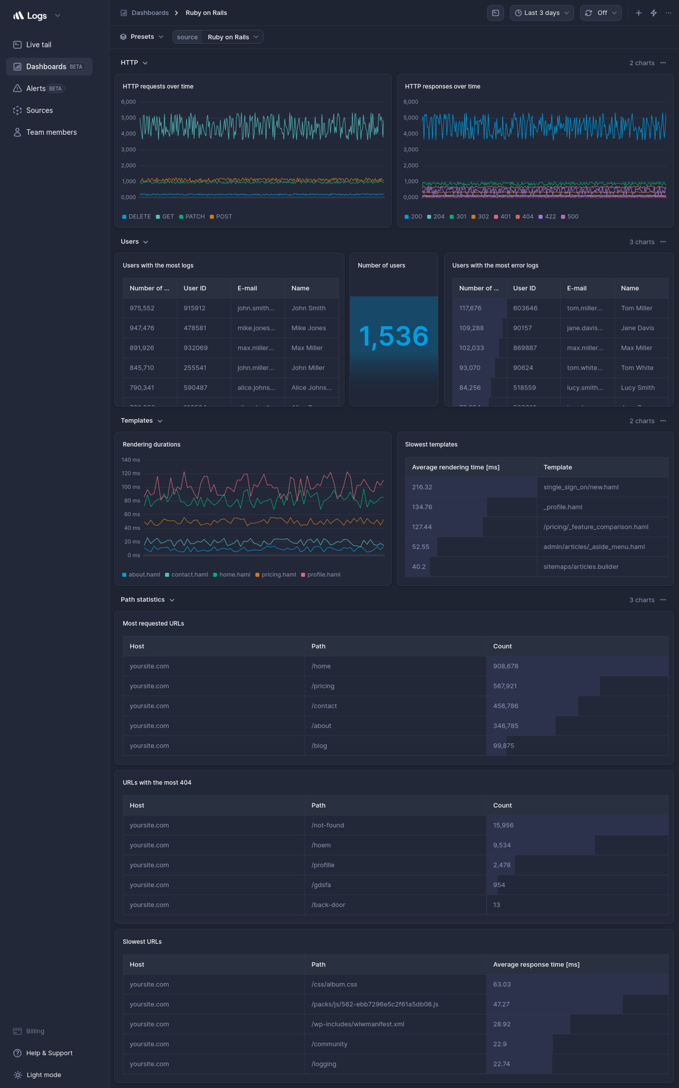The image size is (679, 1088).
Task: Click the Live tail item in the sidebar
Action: tap(38, 45)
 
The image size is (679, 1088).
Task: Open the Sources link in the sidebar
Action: tap(39, 110)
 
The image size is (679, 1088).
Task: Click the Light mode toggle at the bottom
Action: tap(43, 1075)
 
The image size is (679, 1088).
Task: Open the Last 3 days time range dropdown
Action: tap(541, 13)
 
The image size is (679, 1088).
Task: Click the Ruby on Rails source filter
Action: tap(228, 37)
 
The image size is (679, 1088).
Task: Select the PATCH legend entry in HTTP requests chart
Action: tap(195, 216)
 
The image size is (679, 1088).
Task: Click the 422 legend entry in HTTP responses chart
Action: tap(550, 216)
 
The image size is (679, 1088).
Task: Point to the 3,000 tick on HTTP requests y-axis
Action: tap(128, 149)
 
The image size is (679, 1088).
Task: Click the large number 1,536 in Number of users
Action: tap(393, 336)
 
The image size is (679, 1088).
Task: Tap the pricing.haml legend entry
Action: tap(278, 575)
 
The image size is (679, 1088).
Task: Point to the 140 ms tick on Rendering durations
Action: tap(131, 460)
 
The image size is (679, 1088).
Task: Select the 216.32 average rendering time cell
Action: tap(422, 487)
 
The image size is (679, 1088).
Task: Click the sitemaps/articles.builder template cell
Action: tap(580, 567)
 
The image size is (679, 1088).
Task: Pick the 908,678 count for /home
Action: tap(505, 666)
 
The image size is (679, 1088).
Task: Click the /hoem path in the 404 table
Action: tap(321, 845)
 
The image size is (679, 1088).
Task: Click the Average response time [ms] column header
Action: tap(536, 964)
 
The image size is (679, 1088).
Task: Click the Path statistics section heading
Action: tap(143, 600)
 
